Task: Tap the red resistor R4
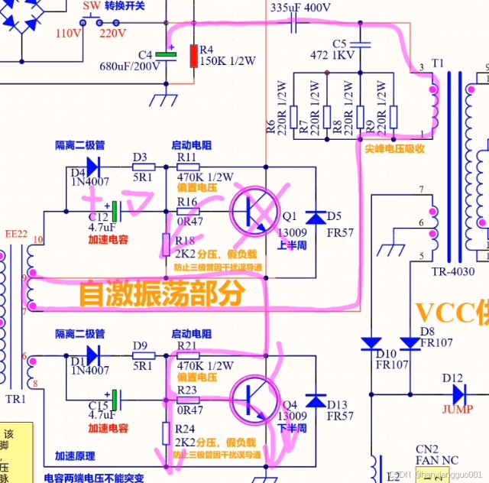[194, 57]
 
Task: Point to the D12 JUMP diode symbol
[458, 394]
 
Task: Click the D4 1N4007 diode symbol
[93, 166]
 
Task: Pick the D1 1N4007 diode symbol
[93, 355]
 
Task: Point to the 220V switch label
[112, 34]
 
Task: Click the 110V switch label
[68, 34]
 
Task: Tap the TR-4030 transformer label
[453, 271]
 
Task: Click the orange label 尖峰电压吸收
[393, 149]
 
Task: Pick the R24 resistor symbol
[166, 433]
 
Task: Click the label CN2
[426, 449]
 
